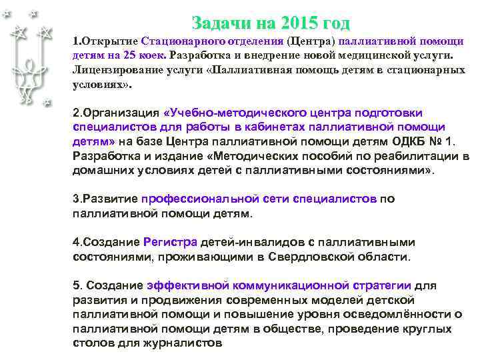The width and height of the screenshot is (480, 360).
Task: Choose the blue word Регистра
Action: [170, 242]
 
